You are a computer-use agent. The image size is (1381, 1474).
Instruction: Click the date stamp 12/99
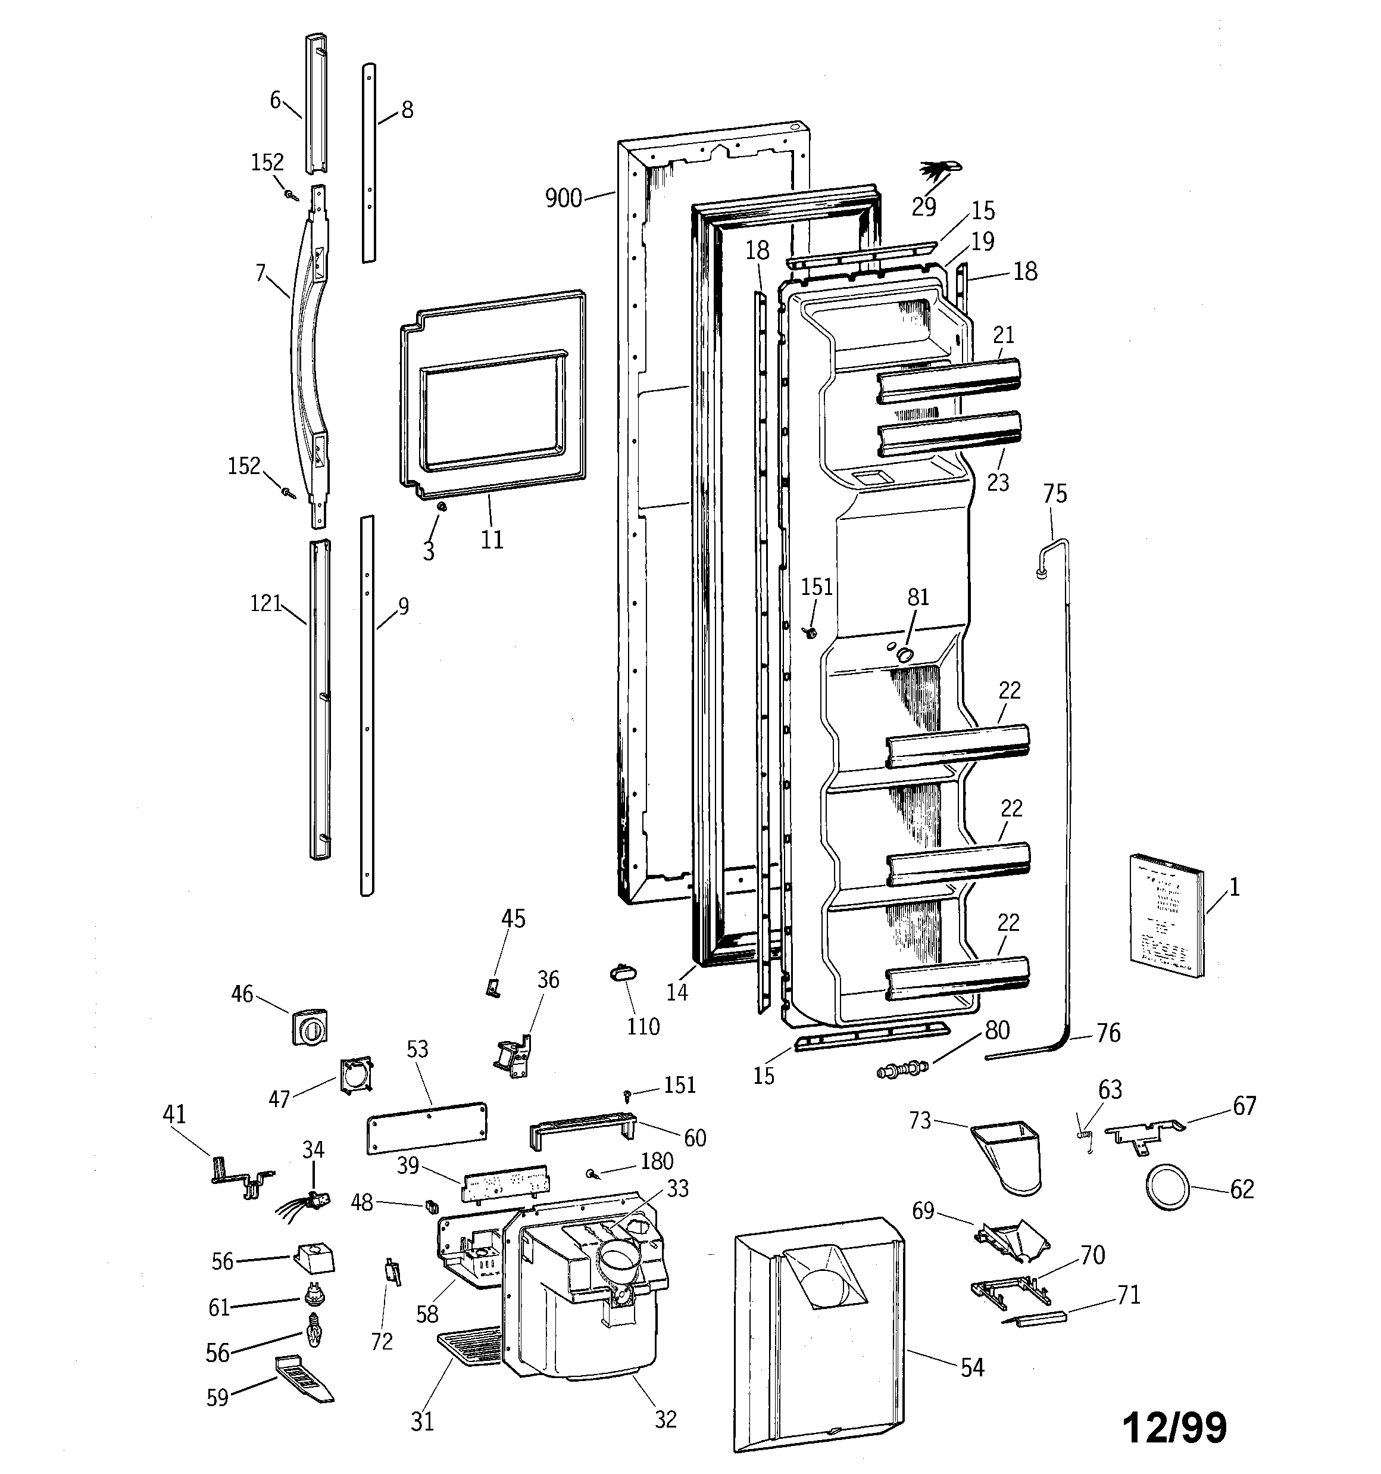(x=1175, y=1428)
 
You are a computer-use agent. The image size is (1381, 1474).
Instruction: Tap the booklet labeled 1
(x=1167, y=914)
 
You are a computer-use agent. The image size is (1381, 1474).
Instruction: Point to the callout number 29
(x=924, y=207)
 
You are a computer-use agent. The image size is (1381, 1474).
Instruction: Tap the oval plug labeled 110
(x=625, y=973)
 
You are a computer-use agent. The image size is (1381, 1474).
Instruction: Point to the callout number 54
(x=972, y=1367)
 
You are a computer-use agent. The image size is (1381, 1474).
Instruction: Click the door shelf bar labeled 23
(x=949, y=433)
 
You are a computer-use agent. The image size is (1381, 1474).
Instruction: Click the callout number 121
(x=265, y=603)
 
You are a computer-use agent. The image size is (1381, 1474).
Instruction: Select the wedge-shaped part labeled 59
(x=304, y=1378)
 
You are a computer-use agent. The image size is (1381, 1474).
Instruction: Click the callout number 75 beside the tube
(x=1055, y=494)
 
